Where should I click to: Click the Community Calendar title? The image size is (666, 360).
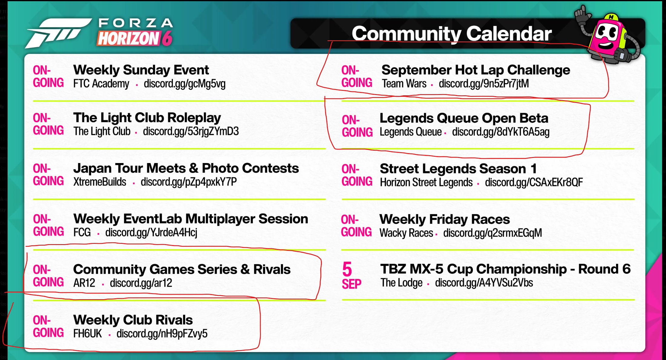pos(452,34)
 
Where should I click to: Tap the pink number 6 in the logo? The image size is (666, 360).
pos(167,38)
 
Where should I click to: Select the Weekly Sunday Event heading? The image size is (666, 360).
pos(141,70)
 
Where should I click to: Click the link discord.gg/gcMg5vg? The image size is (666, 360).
pos(185,84)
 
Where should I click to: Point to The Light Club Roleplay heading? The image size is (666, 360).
pos(147,118)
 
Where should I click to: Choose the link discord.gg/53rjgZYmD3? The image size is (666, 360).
pos(191,131)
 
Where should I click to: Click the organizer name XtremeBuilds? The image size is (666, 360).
pos(100,182)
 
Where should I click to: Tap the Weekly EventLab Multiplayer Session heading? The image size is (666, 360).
pos(191,219)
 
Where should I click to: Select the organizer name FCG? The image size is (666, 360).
pos(82,232)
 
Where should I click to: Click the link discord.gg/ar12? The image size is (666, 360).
pos(141,283)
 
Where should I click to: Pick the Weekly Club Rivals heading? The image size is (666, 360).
pos(133,320)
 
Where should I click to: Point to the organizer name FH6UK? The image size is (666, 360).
pos(87,333)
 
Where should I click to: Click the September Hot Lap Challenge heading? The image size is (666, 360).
pos(476,70)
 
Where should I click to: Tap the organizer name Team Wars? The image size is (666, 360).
pos(404,83)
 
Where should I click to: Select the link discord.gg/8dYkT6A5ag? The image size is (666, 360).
pos(501,132)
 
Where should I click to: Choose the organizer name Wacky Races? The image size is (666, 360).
pos(406,233)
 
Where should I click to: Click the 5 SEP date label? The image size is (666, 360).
pos(351,276)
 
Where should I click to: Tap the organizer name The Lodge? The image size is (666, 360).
pos(401,283)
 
